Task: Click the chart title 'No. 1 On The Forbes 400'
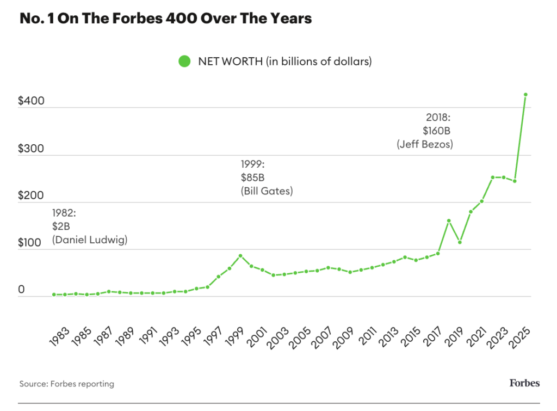pyautogui.click(x=165, y=19)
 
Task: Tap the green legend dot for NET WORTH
pyautogui.click(x=185, y=62)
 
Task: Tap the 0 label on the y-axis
pyautogui.click(x=22, y=290)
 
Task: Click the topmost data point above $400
pyautogui.click(x=525, y=95)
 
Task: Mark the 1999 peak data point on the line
pyautogui.click(x=240, y=256)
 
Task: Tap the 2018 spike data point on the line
pyautogui.click(x=449, y=221)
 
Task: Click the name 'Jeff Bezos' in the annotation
pyautogui.click(x=425, y=145)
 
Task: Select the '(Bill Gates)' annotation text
pyautogui.click(x=267, y=191)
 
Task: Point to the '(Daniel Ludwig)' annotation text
pyautogui.click(x=90, y=240)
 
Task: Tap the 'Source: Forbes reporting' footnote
pyautogui.click(x=67, y=384)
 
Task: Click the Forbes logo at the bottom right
pyautogui.click(x=524, y=383)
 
